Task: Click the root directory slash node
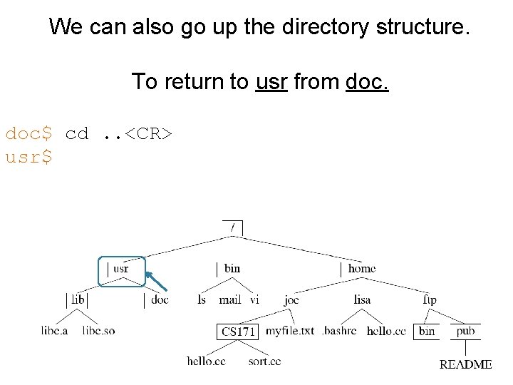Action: (x=232, y=227)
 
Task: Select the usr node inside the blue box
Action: (x=120, y=269)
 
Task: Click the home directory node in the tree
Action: (x=361, y=268)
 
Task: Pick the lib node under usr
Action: (x=78, y=300)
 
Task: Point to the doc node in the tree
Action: (x=160, y=300)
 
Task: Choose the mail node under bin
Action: (x=230, y=300)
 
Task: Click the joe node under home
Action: (x=291, y=300)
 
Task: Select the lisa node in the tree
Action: (x=362, y=300)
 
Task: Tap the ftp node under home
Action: (x=430, y=300)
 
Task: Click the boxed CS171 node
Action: (x=237, y=332)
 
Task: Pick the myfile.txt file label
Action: (x=290, y=331)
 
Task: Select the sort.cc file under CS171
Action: (x=265, y=361)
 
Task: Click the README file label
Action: (x=465, y=364)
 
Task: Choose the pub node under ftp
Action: (x=465, y=331)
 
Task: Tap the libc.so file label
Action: (x=98, y=331)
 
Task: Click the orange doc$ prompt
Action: (x=28, y=133)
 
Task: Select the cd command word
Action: (x=77, y=133)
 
